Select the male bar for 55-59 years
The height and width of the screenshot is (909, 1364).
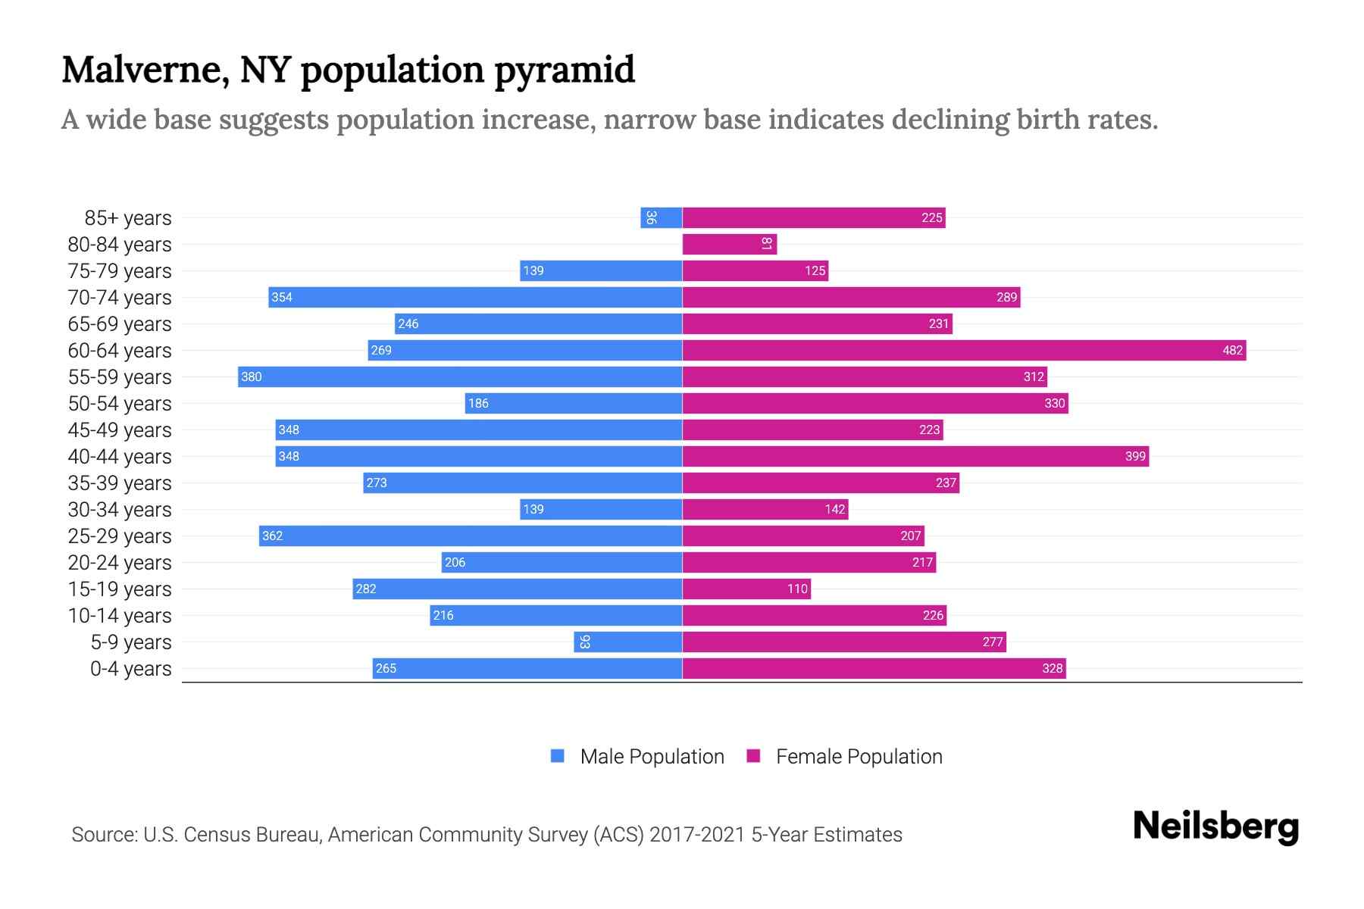tap(460, 376)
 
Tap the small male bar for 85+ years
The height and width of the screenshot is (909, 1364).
tap(661, 217)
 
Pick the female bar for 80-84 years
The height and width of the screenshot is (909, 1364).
tap(729, 244)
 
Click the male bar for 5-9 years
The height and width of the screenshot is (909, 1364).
tap(627, 642)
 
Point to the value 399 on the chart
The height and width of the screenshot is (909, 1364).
tap(1134, 456)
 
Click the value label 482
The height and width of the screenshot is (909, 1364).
tap(1232, 350)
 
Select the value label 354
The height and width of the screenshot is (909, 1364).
tap(282, 297)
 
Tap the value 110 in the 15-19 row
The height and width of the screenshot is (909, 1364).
tap(797, 589)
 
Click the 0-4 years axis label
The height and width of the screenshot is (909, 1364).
tap(130, 669)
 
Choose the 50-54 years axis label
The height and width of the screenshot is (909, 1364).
tap(120, 404)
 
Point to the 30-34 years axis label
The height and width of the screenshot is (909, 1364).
tap(120, 510)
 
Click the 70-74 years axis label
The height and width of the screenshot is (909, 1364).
tap(120, 298)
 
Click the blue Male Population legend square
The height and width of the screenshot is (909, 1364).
tap(558, 756)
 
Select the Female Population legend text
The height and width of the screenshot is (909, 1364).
tap(859, 757)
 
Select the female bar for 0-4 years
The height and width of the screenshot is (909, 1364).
tap(874, 668)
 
